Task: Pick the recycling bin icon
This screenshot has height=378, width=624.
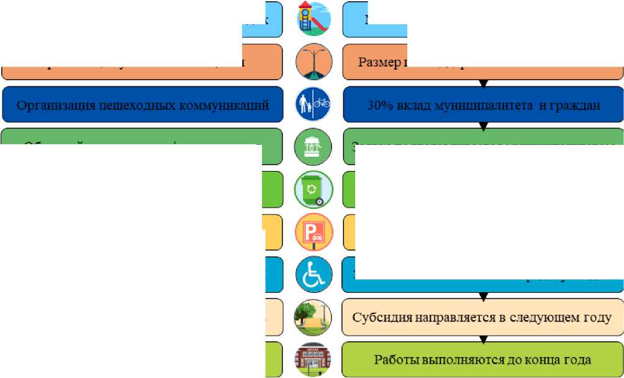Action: (313, 189)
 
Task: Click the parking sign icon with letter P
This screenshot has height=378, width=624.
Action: (314, 232)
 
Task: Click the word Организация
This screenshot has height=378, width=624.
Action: (54, 105)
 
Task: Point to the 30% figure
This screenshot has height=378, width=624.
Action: (379, 105)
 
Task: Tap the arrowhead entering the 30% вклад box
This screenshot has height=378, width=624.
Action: (483, 83)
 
